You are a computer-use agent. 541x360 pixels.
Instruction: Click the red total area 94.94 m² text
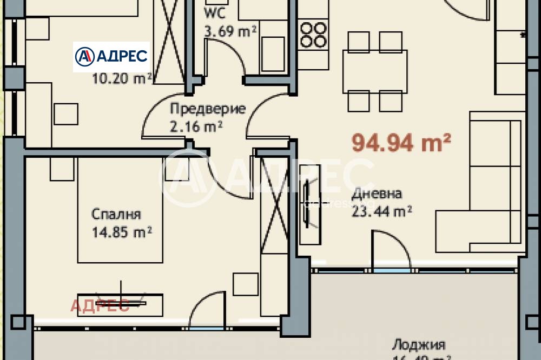[x=401, y=143]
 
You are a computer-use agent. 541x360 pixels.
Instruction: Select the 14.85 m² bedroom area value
[x=122, y=232]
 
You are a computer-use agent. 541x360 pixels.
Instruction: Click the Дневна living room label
[x=377, y=194]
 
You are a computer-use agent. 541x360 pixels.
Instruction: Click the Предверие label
[x=208, y=109]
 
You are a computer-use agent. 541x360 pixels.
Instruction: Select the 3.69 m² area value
[x=230, y=31]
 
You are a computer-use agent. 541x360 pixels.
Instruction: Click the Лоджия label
[x=418, y=345]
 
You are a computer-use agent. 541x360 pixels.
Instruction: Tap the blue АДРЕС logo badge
[x=111, y=57]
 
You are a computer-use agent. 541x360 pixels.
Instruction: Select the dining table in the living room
[x=375, y=71]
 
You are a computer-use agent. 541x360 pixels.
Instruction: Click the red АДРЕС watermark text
[x=100, y=305]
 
